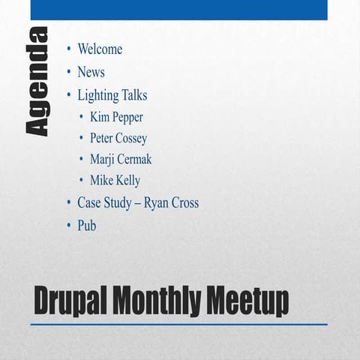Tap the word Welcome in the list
click(100, 49)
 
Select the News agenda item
click(91, 73)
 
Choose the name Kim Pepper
click(116, 117)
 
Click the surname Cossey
click(131, 139)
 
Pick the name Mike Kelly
click(115, 181)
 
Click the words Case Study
click(104, 203)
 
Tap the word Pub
click(86, 225)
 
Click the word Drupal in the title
click(70, 301)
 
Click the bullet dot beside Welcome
click(68, 49)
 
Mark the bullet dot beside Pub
click(68, 225)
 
